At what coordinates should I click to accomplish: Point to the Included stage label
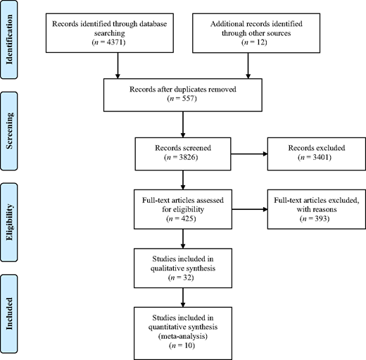pyautogui.click(x=10, y=310)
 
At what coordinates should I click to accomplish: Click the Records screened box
pyautogui.click(x=182, y=153)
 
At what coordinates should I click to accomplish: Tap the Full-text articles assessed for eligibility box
pyautogui.click(x=182, y=211)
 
